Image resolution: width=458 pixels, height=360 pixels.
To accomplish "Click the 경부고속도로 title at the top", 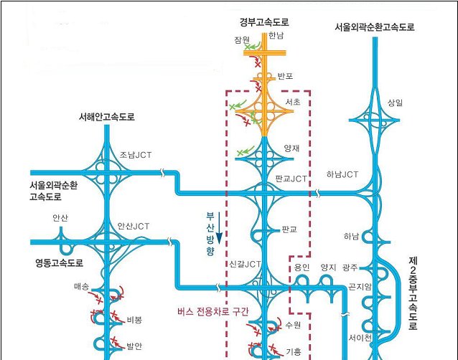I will (x=264, y=23).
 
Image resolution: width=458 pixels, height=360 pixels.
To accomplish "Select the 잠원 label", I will (x=241, y=39).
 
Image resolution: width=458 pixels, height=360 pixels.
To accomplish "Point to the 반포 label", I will (x=286, y=76).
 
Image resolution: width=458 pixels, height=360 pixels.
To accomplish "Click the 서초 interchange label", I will (x=293, y=103).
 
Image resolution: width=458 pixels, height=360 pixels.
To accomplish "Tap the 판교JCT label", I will (x=291, y=178).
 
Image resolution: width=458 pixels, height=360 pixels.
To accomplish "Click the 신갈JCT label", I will (x=245, y=264).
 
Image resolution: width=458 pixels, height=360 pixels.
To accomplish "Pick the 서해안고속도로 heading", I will (x=107, y=117).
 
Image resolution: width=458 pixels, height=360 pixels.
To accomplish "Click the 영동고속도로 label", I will (x=60, y=262).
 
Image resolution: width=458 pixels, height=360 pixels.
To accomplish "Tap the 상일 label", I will (x=395, y=103).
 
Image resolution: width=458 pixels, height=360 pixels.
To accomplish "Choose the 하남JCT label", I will (x=342, y=174).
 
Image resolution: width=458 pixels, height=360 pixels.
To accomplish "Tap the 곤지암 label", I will (x=360, y=287).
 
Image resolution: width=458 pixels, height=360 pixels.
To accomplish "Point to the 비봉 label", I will (x=134, y=320).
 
